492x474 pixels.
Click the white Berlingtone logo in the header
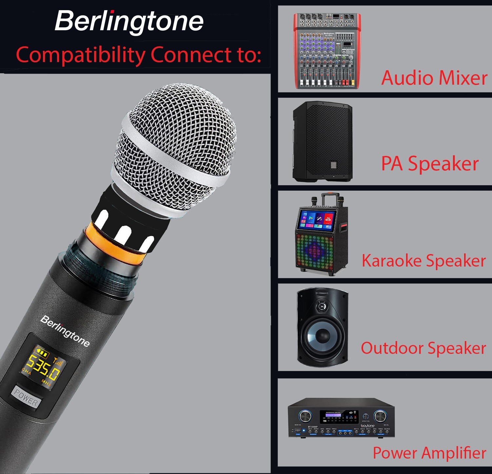click(x=129, y=21)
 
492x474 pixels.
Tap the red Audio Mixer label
click(x=434, y=78)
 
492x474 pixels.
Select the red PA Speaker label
click(x=430, y=163)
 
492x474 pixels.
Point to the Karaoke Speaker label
click(x=423, y=261)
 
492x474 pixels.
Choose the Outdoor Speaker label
click(x=423, y=348)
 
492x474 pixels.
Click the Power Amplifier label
click(x=429, y=453)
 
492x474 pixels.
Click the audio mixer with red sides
click(x=327, y=51)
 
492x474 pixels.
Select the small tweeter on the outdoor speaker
click(x=321, y=307)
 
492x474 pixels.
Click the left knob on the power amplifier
click(x=305, y=416)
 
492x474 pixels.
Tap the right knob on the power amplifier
click(x=380, y=416)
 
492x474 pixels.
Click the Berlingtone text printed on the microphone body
click(x=65, y=331)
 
